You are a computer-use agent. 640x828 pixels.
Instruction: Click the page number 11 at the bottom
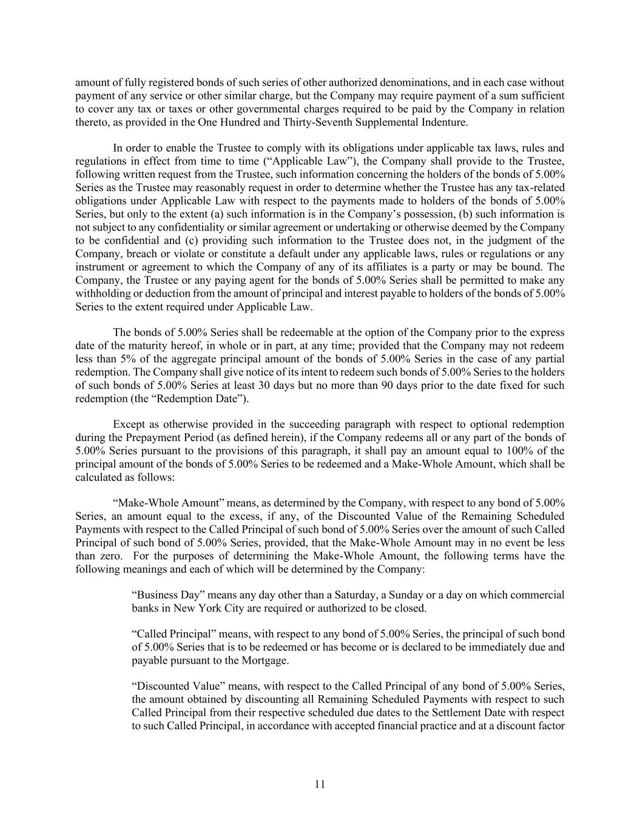tap(320, 784)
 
